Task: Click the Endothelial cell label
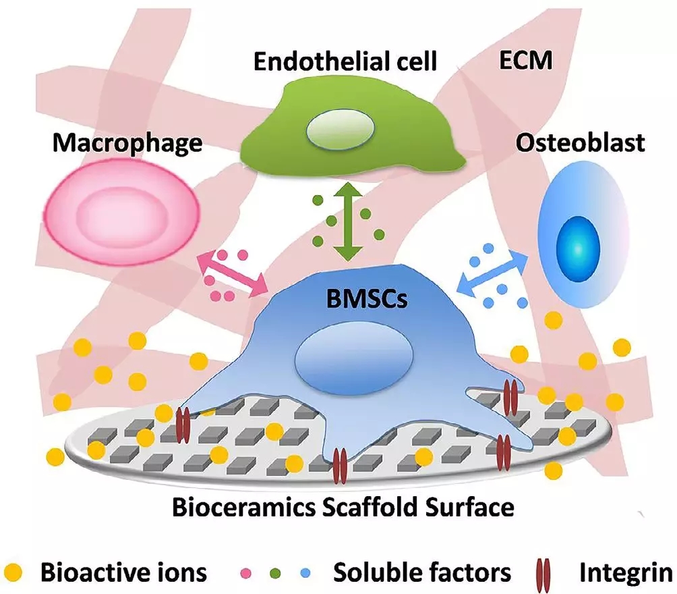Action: point(345,62)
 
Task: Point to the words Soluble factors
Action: point(423,572)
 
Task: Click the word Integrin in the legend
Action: point(625,572)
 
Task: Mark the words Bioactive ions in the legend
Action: point(123,572)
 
